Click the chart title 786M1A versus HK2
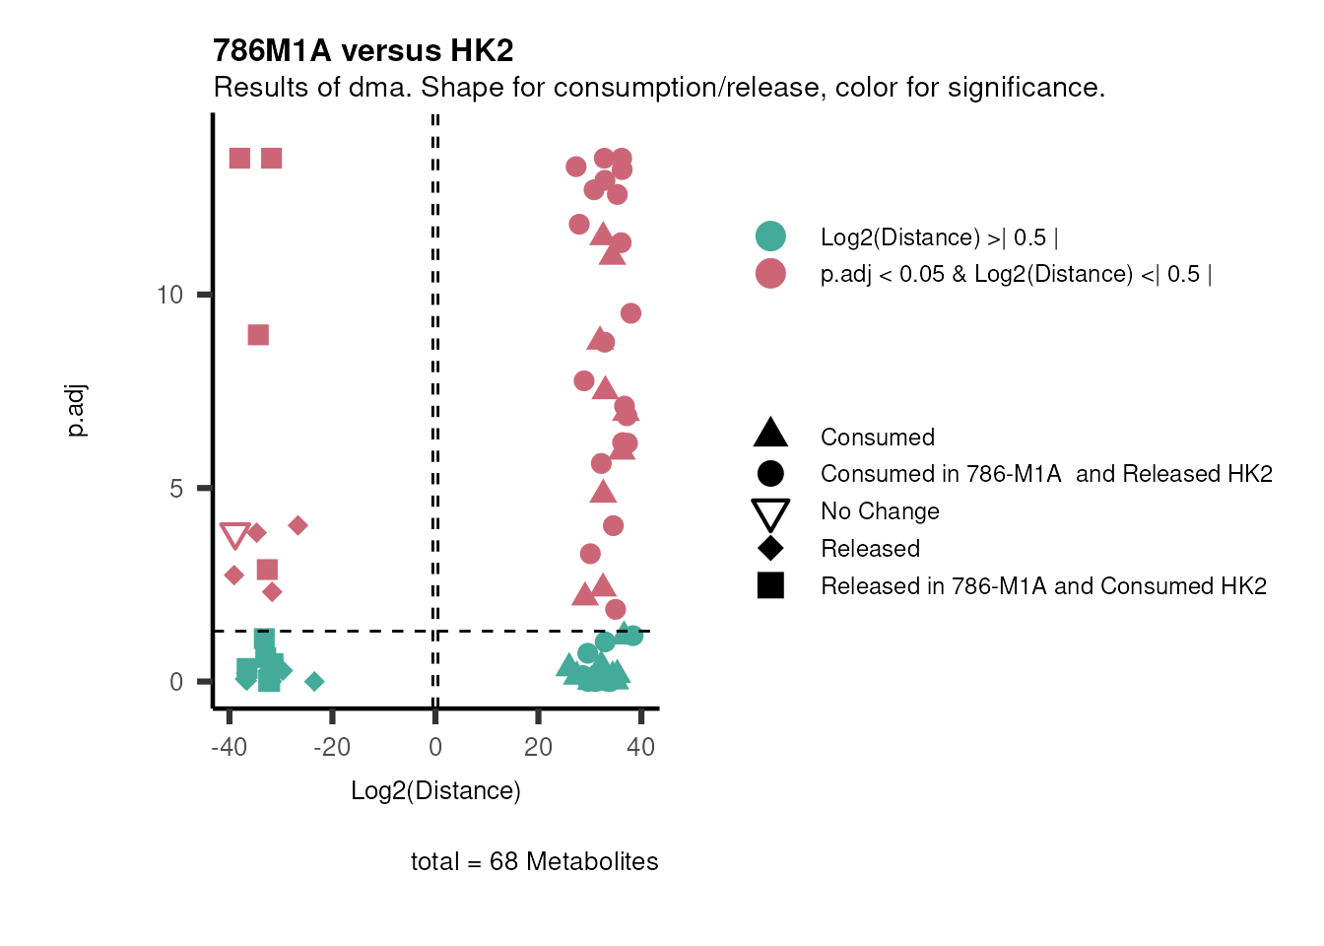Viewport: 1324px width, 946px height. [x=363, y=50]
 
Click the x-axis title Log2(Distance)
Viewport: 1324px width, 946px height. [x=435, y=790]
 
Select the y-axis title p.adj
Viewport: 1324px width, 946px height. [x=77, y=411]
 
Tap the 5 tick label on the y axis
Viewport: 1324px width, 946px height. [x=175, y=489]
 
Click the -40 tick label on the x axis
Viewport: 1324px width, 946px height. [x=229, y=747]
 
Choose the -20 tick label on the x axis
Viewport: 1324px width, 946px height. [x=331, y=747]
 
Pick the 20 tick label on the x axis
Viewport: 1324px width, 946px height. [x=538, y=747]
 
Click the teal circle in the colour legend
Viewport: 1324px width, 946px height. [x=770, y=236]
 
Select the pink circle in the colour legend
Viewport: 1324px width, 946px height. [x=770, y=274]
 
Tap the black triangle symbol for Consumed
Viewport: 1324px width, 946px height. [x=770, y=434]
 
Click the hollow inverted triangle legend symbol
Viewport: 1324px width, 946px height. [x=770, y=513]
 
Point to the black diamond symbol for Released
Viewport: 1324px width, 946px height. [x=770, y=549]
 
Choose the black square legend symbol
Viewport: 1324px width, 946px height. [x=770, y=585]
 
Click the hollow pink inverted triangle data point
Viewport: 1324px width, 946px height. [x=234, y=536]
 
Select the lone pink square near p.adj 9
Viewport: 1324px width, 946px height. [x=258, y=335]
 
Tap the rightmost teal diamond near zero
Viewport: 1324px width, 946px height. [x=314, y=681]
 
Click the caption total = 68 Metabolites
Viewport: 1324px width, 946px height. [x=534, y=861]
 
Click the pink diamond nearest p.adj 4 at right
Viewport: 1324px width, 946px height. [x=298, y=525]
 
